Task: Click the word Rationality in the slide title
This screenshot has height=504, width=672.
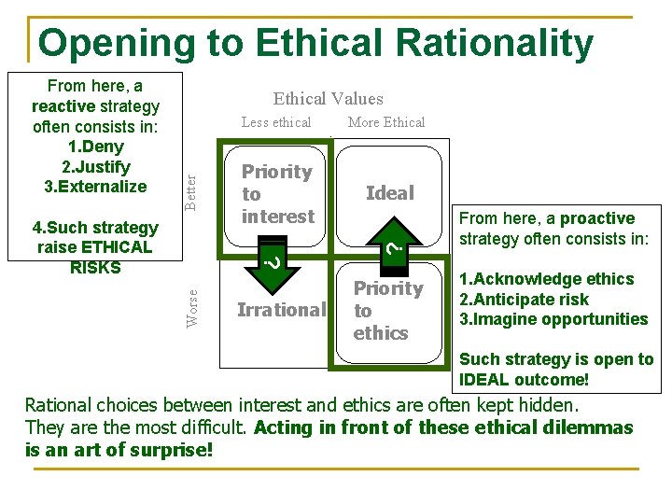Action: point(494,43)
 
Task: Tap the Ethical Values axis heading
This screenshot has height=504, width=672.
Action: point(328,98)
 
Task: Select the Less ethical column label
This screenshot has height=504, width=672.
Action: point(276,122)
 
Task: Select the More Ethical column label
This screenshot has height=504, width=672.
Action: point(385,122)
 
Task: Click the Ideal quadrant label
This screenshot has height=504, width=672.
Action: point(390,193)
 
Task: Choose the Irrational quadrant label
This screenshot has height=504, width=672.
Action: point(281,310)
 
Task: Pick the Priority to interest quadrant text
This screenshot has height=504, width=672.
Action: point(277,194)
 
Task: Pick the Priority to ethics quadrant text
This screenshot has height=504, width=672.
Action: point(387,310)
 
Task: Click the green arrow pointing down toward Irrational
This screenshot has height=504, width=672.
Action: point(271,259)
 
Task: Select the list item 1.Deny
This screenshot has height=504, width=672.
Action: point(96,147)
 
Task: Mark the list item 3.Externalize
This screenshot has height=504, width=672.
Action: point(96,187)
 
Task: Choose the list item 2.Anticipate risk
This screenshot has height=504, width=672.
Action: point(524,300)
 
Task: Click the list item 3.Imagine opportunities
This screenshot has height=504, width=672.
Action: point(553,319)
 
